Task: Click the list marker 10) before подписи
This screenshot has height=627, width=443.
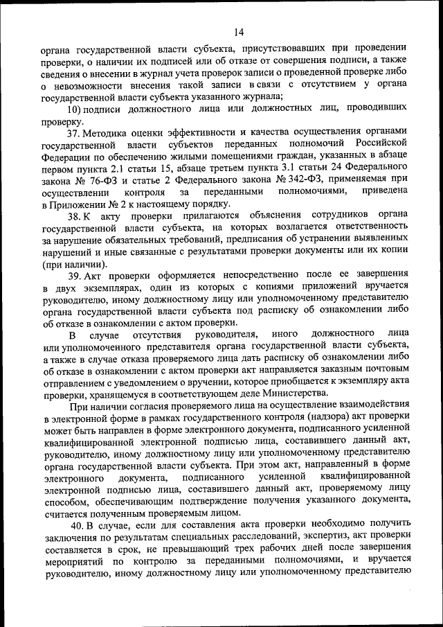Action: click(74, 109)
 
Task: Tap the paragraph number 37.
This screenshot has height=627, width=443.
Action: click(75, 132)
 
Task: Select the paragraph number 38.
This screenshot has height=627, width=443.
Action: click(75, 215)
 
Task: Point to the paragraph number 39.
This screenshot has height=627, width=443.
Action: click(75, 274)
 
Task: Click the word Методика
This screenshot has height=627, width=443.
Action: click(111, 132)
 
